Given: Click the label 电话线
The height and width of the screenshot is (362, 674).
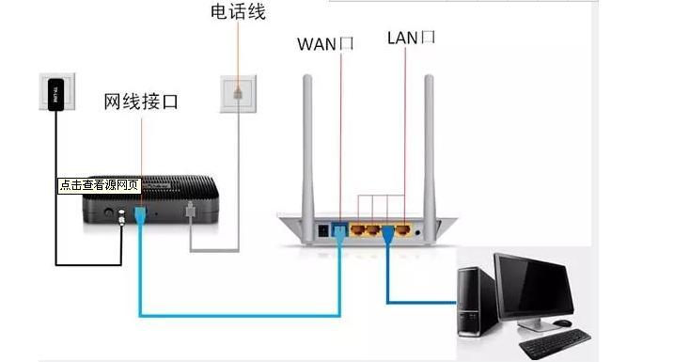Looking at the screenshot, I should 239,12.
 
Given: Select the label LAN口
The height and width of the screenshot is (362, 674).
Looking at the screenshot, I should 411,38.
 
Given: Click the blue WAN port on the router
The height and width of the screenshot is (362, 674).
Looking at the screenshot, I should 339,228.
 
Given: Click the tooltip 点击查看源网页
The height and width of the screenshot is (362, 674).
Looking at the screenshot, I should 99,185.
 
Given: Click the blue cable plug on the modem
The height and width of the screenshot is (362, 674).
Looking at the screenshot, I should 139,216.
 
